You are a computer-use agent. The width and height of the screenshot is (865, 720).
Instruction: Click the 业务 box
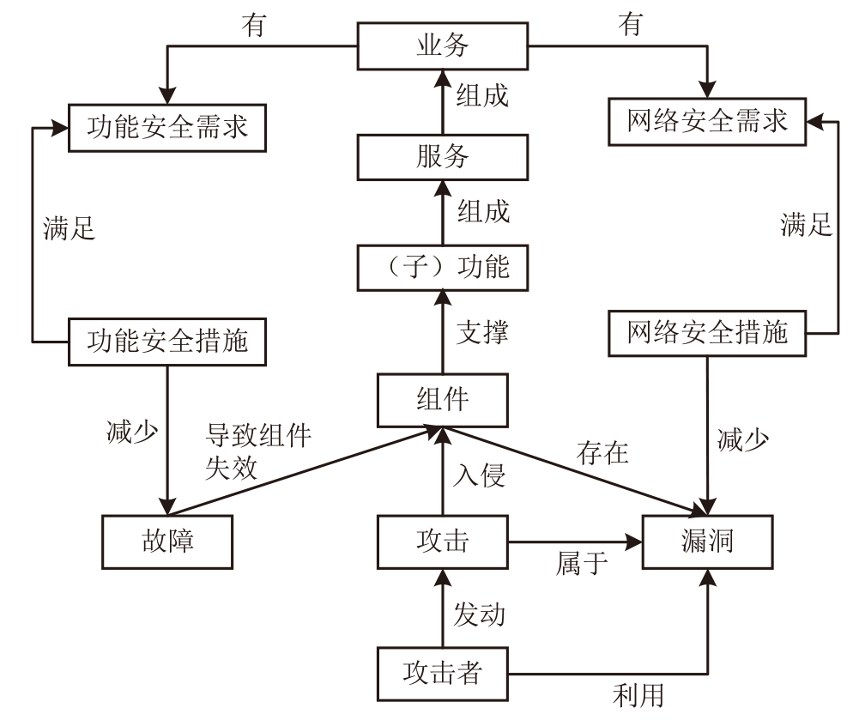pyautogui.click(x=443, y=45)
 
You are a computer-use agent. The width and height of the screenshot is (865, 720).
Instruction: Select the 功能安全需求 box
pyautogui.click(x=167, y=127)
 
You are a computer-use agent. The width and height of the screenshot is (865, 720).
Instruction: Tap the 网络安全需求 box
pyautogui.click(x=708, y=120)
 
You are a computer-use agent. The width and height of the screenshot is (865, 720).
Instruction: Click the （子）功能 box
pyautogui.click(x=443, y=266)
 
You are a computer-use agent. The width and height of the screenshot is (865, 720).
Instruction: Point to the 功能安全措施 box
pyautogui.click(x=167, y=340)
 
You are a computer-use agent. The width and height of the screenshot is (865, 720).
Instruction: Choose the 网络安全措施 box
pyautogui.click(x=708, y=332)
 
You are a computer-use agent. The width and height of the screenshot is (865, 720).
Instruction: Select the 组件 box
pyautogui.click(x=443, y=401)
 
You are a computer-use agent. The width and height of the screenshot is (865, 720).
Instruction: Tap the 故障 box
pyautogui.click(x=169, y=542)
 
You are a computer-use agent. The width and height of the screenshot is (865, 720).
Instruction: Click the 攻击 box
pyautogui.click(x=443, y=542)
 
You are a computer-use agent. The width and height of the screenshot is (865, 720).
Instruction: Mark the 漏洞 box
pyautogui.click(x=709, y=542)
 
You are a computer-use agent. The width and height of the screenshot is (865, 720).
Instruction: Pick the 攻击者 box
pyautogui.click(x=443, y=674)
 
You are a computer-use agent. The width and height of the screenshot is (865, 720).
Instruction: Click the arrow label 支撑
pyautogui.click(x=482, y=333)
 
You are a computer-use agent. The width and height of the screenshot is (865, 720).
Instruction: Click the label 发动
pyautogui.click(x=480, y=614)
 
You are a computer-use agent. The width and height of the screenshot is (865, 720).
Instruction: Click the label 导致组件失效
pyautogui.click(x=257, y=451)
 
